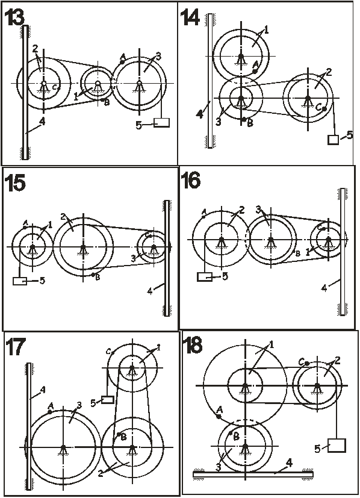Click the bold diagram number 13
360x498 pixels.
(x=14, y=17)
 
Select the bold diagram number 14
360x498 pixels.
(x=190, y=17)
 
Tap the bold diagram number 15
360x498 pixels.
(x=15, y=183)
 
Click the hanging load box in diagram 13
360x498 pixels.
(x=161, y=123)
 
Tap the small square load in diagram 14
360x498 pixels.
(x=333, y=140)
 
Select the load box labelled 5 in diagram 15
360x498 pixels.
(x=20, y=281)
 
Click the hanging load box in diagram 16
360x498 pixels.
(x=205, y=277)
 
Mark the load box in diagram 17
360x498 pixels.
(x=108, y=399)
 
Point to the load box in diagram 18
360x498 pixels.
(x=337, y=445)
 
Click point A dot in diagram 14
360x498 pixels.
(x=255, y=71)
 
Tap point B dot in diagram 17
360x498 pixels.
(x=119, y=434)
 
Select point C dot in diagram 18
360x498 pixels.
(x=306, y=363)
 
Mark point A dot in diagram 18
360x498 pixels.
(x=219, y=416)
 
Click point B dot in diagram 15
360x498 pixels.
(x=93, y=275)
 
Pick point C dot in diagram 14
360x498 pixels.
(x=324, y=109)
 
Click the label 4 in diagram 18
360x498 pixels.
(x=289, y=464)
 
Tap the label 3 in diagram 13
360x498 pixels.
(x=159, y=57)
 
